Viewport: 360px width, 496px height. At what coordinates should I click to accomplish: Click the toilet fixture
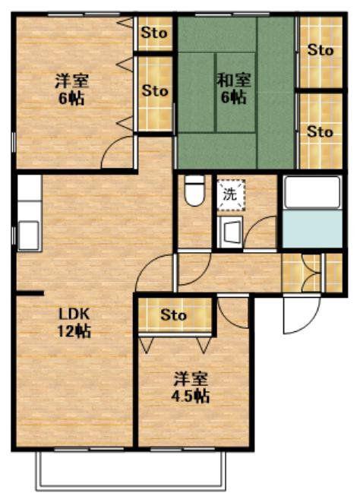pyautogui.click(x=194, y=191)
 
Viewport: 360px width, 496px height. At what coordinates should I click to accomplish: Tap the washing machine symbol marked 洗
pyautogui.click(x=231, y=194)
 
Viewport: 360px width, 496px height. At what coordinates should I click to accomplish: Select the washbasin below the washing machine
pyautogui.click(x=230, y=232)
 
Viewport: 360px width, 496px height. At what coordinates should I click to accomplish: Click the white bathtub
pyautogui.click(x=312, y=192)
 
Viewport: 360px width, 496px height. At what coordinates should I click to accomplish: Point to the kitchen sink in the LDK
pyautogui.click(x=29, y=235)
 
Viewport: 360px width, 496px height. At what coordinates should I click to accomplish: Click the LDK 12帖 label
pyautogui.click(x=74, y=323)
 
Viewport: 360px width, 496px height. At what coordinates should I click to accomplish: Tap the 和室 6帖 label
pyautogui.click(x=234, y=88)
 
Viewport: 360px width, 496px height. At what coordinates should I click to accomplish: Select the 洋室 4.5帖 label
pyautogui.click(x=191, y=387)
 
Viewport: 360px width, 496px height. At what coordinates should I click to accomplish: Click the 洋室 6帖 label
pyautogui.click(x=71, y=90)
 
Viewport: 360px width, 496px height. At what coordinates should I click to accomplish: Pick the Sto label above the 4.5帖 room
pyautogui.click(x=173, y=315)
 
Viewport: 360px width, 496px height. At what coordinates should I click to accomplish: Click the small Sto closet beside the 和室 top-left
pyautogui.click(x=155, y=33)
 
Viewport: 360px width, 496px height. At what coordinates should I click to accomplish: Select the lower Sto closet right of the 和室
pyautogui.click(x=321, y=131)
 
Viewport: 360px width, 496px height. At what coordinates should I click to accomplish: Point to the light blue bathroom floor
pyautogui.click(x=312, y=229)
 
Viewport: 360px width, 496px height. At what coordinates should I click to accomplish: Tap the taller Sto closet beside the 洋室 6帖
pyautogui.click(x=155, y=93)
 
